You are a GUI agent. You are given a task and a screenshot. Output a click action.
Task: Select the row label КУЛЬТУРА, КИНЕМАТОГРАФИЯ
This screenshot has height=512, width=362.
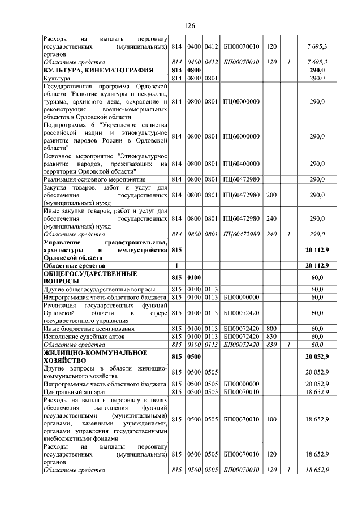tap(90, 70)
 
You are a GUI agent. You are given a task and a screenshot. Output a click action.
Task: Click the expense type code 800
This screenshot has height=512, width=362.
tap(271, 329)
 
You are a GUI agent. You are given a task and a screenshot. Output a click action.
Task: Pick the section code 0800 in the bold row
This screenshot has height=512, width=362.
tap(195, 70)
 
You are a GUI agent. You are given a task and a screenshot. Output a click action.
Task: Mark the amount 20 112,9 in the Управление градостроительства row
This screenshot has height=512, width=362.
tap(316, 249)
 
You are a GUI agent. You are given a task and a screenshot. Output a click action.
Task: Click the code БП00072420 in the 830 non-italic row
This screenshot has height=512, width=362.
tap(242, 336)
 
